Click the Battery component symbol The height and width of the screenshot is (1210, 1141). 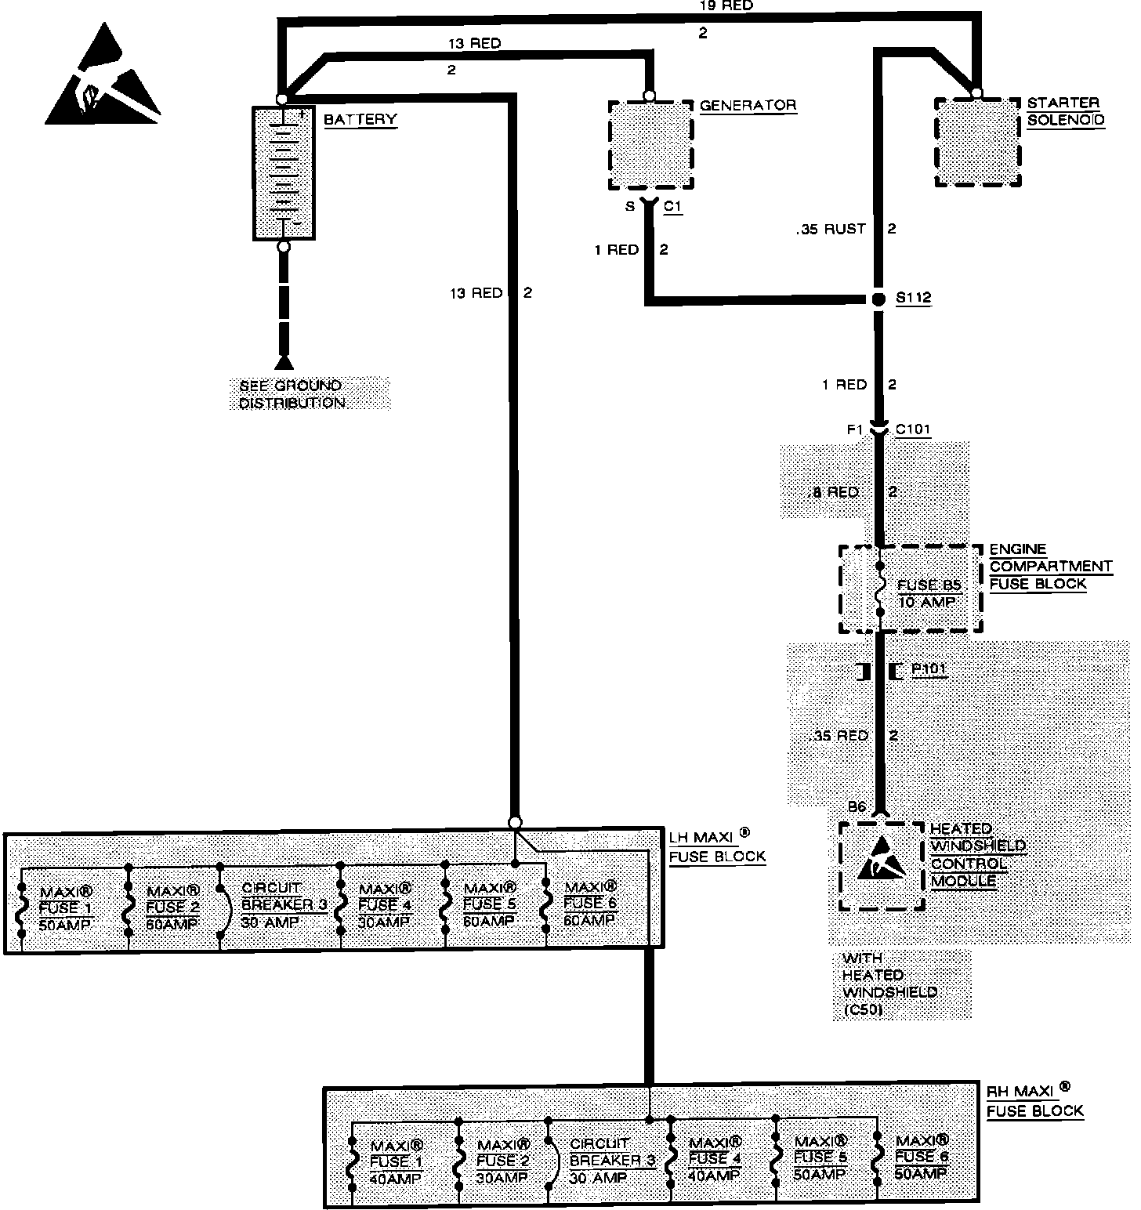(x=283, y=172)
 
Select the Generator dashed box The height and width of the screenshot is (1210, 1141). (x=650, y=145)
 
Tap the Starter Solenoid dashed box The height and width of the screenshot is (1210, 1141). (x=978, y=142)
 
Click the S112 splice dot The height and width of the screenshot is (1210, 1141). (x=879, y=299)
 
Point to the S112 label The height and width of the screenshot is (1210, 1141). (x=913, y=299)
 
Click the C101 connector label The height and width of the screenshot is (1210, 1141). (x=913, y=429)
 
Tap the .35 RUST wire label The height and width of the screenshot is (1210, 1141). (x=830, y=229)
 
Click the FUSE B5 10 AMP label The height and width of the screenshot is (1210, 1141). (x=929, y=593)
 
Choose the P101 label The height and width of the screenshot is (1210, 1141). (x=929, y=671)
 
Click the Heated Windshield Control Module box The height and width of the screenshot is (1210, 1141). (x=882, y=866)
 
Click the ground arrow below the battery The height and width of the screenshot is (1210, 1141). (x=284, y=361)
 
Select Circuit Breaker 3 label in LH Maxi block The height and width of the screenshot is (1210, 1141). (x=282, y=905)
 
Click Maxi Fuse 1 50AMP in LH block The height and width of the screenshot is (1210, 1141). (x=66, y=908)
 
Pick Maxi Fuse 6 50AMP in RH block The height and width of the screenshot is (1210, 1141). (x=922, y=1157)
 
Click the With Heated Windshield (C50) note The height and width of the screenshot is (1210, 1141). (x=889, y=984)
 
